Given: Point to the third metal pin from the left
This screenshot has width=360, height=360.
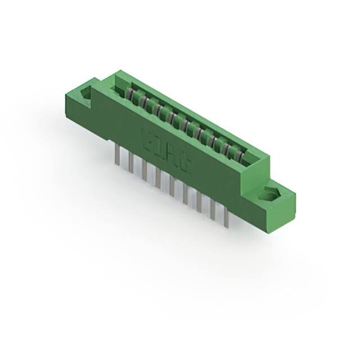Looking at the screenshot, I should [144, 170].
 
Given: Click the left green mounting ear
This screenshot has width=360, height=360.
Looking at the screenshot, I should [82, 104].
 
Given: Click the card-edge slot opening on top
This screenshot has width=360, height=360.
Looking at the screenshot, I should [186, 121].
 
